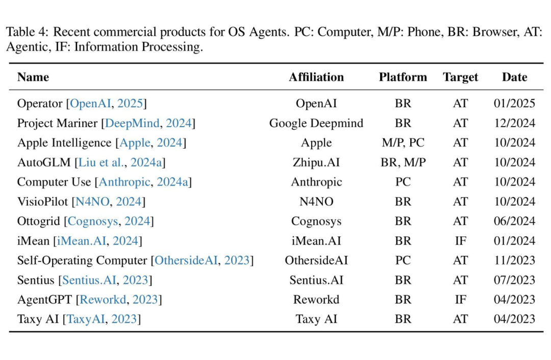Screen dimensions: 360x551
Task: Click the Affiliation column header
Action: click(316, 77)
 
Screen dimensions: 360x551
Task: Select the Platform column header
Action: click(403, 77)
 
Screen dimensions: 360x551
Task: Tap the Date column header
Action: click(514, 77)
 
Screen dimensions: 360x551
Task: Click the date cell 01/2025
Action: click(514, 104)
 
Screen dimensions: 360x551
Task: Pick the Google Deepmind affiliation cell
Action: click(316, 123)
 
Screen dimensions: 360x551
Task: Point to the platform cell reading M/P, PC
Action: click(403, 143)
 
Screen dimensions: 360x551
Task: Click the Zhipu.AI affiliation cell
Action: click(316, 162)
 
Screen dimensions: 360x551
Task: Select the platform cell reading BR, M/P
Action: click(403, 162)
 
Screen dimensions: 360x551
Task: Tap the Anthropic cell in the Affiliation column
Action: click(316, 182)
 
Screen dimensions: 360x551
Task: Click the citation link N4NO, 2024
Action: click(109, 202)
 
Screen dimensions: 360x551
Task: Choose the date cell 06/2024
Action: click(514, 221)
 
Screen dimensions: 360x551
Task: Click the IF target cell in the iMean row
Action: click(460, 241)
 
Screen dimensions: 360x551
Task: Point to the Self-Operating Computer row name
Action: click(82, 260)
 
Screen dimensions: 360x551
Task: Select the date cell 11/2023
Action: click(514, 260)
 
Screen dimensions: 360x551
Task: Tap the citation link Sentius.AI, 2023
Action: click(105, 280)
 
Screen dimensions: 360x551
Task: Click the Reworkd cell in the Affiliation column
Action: click(316, 299)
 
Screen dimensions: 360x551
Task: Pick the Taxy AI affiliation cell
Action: click(316, 319)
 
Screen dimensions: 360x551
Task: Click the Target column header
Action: click(460, 77)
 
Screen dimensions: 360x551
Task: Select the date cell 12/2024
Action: click(514, 123)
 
